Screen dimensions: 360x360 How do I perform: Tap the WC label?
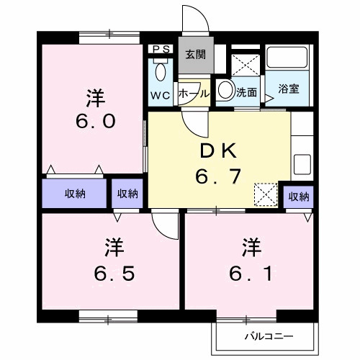pyautogui.click(x=159, y=94)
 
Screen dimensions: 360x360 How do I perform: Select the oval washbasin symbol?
pyautogui.click(x=225, y=91)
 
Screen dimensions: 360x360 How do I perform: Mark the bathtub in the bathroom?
pyautogui.click(x=289, y=60)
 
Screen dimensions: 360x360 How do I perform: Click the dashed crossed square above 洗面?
pyautogui.click(x=248, y=63)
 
